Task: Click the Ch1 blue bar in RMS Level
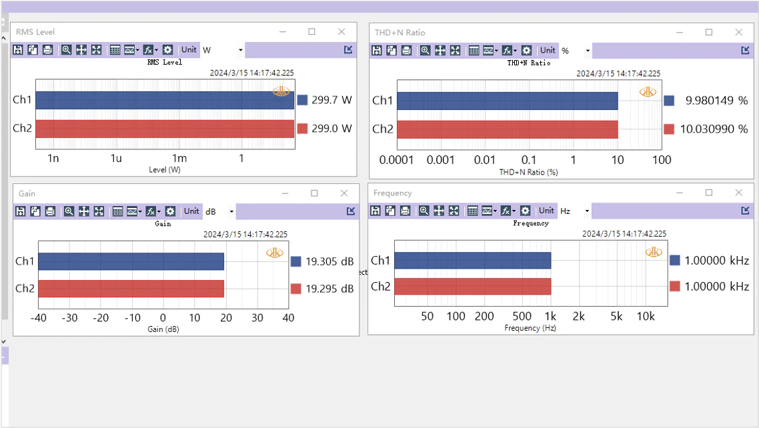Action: pyautogui.click(x=165, y=100)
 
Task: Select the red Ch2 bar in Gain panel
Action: pyautogui.click(x=131, y=289)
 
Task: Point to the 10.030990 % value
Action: pyautogui.click(x=714, y=129)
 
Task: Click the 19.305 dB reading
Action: pyautogui.click(x=329, y=261)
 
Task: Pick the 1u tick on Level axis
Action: pyautogui.click(x=116, y=159)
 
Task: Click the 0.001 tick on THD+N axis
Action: pyautogui.click(x=441, y=160)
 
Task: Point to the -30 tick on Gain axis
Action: pyautogui.click(x=69, y=318)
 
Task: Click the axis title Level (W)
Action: pyautogui.click(x=165, y=170)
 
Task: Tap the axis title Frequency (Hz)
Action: pyautogui.click(x=531, y=328)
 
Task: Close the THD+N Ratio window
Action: pyautogui.click(x=739, y=32)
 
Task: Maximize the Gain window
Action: pyautogui.click(x=315, y=193)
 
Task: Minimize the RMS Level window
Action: pyautogui.click(x=283, y=32)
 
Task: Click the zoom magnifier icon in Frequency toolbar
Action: pyautogui.click(x=424, y=211)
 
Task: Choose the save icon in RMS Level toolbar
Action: pyautogui.click(x=18, y=50)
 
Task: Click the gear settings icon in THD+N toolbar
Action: pyautogui.click(x=526, y=50)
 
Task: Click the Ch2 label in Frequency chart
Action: pyautogui.click(x=380, y=287)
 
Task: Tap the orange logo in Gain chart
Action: pyautogui.click(x=274, y=253)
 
